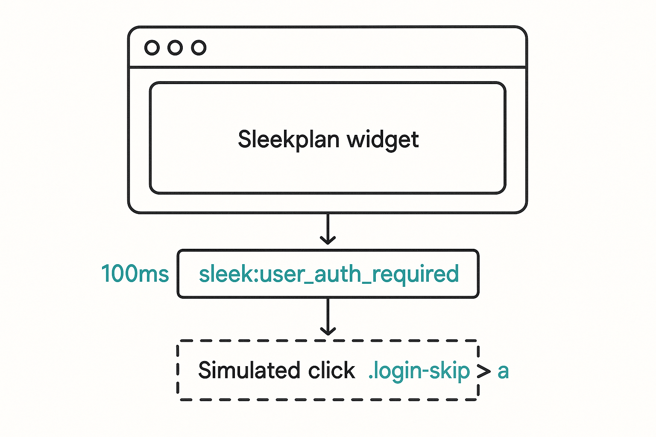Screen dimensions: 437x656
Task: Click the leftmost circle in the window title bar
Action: (x=152, y=48)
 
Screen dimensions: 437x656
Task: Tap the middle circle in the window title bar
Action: (x=175, y=48)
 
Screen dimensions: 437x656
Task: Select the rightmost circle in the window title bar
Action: (x=199, y=48)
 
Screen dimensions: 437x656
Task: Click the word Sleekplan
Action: (x=289, y=140)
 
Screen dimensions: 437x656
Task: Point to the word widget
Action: (x=383, y=140)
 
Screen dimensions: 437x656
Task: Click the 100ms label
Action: (x=135, y=274)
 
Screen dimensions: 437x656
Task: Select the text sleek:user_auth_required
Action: (x=328, y=274)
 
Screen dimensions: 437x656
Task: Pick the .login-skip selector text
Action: (x=419, y=371)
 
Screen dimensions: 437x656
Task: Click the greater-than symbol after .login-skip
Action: (x=483, y=371)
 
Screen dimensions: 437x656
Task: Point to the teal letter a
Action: (x=503, y=372)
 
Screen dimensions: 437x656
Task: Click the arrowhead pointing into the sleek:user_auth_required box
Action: (x=328, y=240)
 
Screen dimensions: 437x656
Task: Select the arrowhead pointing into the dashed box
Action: (x=328, y=331)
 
